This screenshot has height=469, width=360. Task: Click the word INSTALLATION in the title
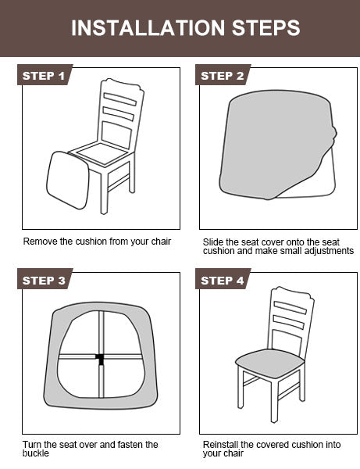(148, 28)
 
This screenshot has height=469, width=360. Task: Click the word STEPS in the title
(266, 28)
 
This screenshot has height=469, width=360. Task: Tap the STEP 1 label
(44, 76)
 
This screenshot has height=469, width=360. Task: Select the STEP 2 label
(223, 76)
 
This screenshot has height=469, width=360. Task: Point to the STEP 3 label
(44, 281)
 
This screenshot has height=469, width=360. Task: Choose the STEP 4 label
(223, 281)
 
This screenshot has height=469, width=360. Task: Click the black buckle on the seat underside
(101, 359)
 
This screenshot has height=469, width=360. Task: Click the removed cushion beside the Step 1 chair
(68, 181)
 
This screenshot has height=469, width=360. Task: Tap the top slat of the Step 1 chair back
(120, 99)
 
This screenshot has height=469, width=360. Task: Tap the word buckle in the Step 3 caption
(36, 453)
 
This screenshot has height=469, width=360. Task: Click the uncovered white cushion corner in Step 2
(317, 180)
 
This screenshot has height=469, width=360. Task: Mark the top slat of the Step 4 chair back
(290, 308)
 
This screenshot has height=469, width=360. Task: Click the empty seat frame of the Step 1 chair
(102, 153)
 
